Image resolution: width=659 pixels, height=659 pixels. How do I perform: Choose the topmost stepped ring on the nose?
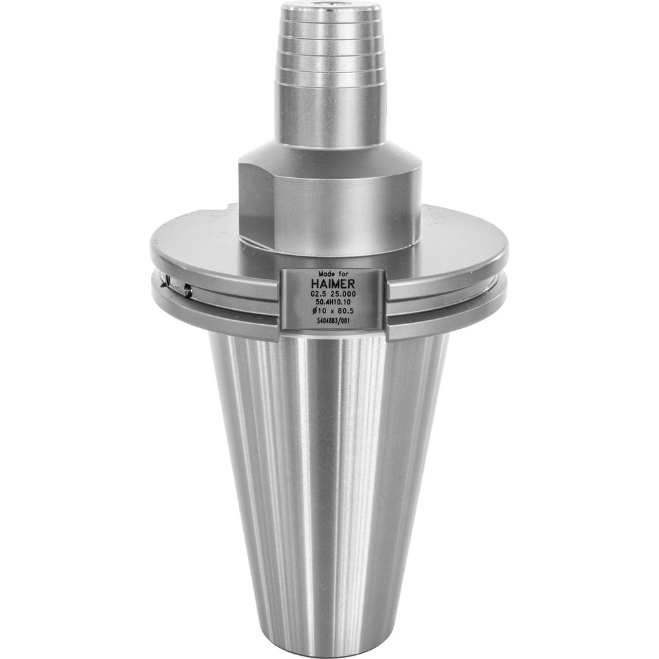(x=331, y=14)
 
